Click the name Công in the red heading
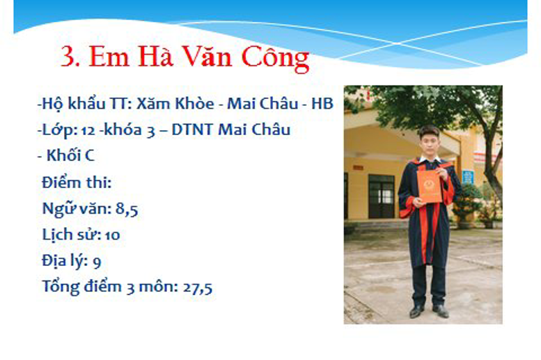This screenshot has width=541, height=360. (275, 58)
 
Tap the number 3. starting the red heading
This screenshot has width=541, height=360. (70, 56)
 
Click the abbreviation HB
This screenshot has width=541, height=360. (322, 104)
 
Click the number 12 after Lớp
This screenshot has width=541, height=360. (88, 130)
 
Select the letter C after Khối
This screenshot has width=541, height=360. (89, 156)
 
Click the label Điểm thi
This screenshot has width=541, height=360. (77, 182)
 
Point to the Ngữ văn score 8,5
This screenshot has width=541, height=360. (127, 209)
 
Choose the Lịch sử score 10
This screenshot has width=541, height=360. (113, 235)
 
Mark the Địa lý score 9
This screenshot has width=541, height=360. (97, 262)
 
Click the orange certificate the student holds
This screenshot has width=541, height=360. (429, 187)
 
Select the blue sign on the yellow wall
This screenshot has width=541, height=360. (467, 177)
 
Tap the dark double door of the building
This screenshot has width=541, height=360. (382, 196)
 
